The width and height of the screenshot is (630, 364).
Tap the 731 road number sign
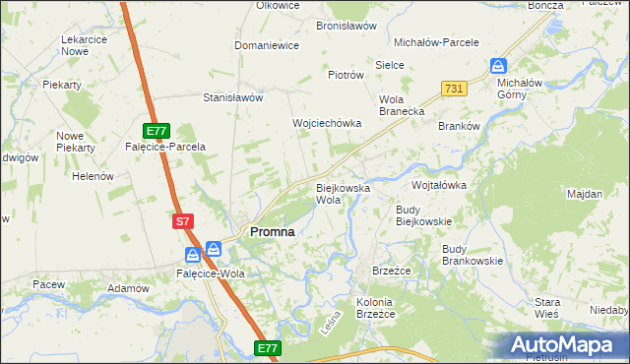(x=453, y=89)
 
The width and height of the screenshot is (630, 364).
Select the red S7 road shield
(x=182, y=222)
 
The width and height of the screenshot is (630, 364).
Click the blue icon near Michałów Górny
(x=498, y=67)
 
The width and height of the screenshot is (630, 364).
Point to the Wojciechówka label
(x=327, y=123)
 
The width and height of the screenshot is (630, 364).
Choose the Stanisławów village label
(x=232, y=98)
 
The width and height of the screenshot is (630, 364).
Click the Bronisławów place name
(x=346, y=27)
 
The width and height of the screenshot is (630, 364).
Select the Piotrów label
(x=346, y=75)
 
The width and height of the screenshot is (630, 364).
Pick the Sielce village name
(x=391, y=65)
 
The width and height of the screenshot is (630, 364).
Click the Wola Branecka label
(x=402, y=105)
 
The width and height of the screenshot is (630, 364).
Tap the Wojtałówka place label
(x=438, y=185)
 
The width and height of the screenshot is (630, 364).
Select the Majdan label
(x=585, y=194)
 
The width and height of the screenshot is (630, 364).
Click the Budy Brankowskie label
(x=472, y=255)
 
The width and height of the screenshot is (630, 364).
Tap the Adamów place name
(x=128, y=289)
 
